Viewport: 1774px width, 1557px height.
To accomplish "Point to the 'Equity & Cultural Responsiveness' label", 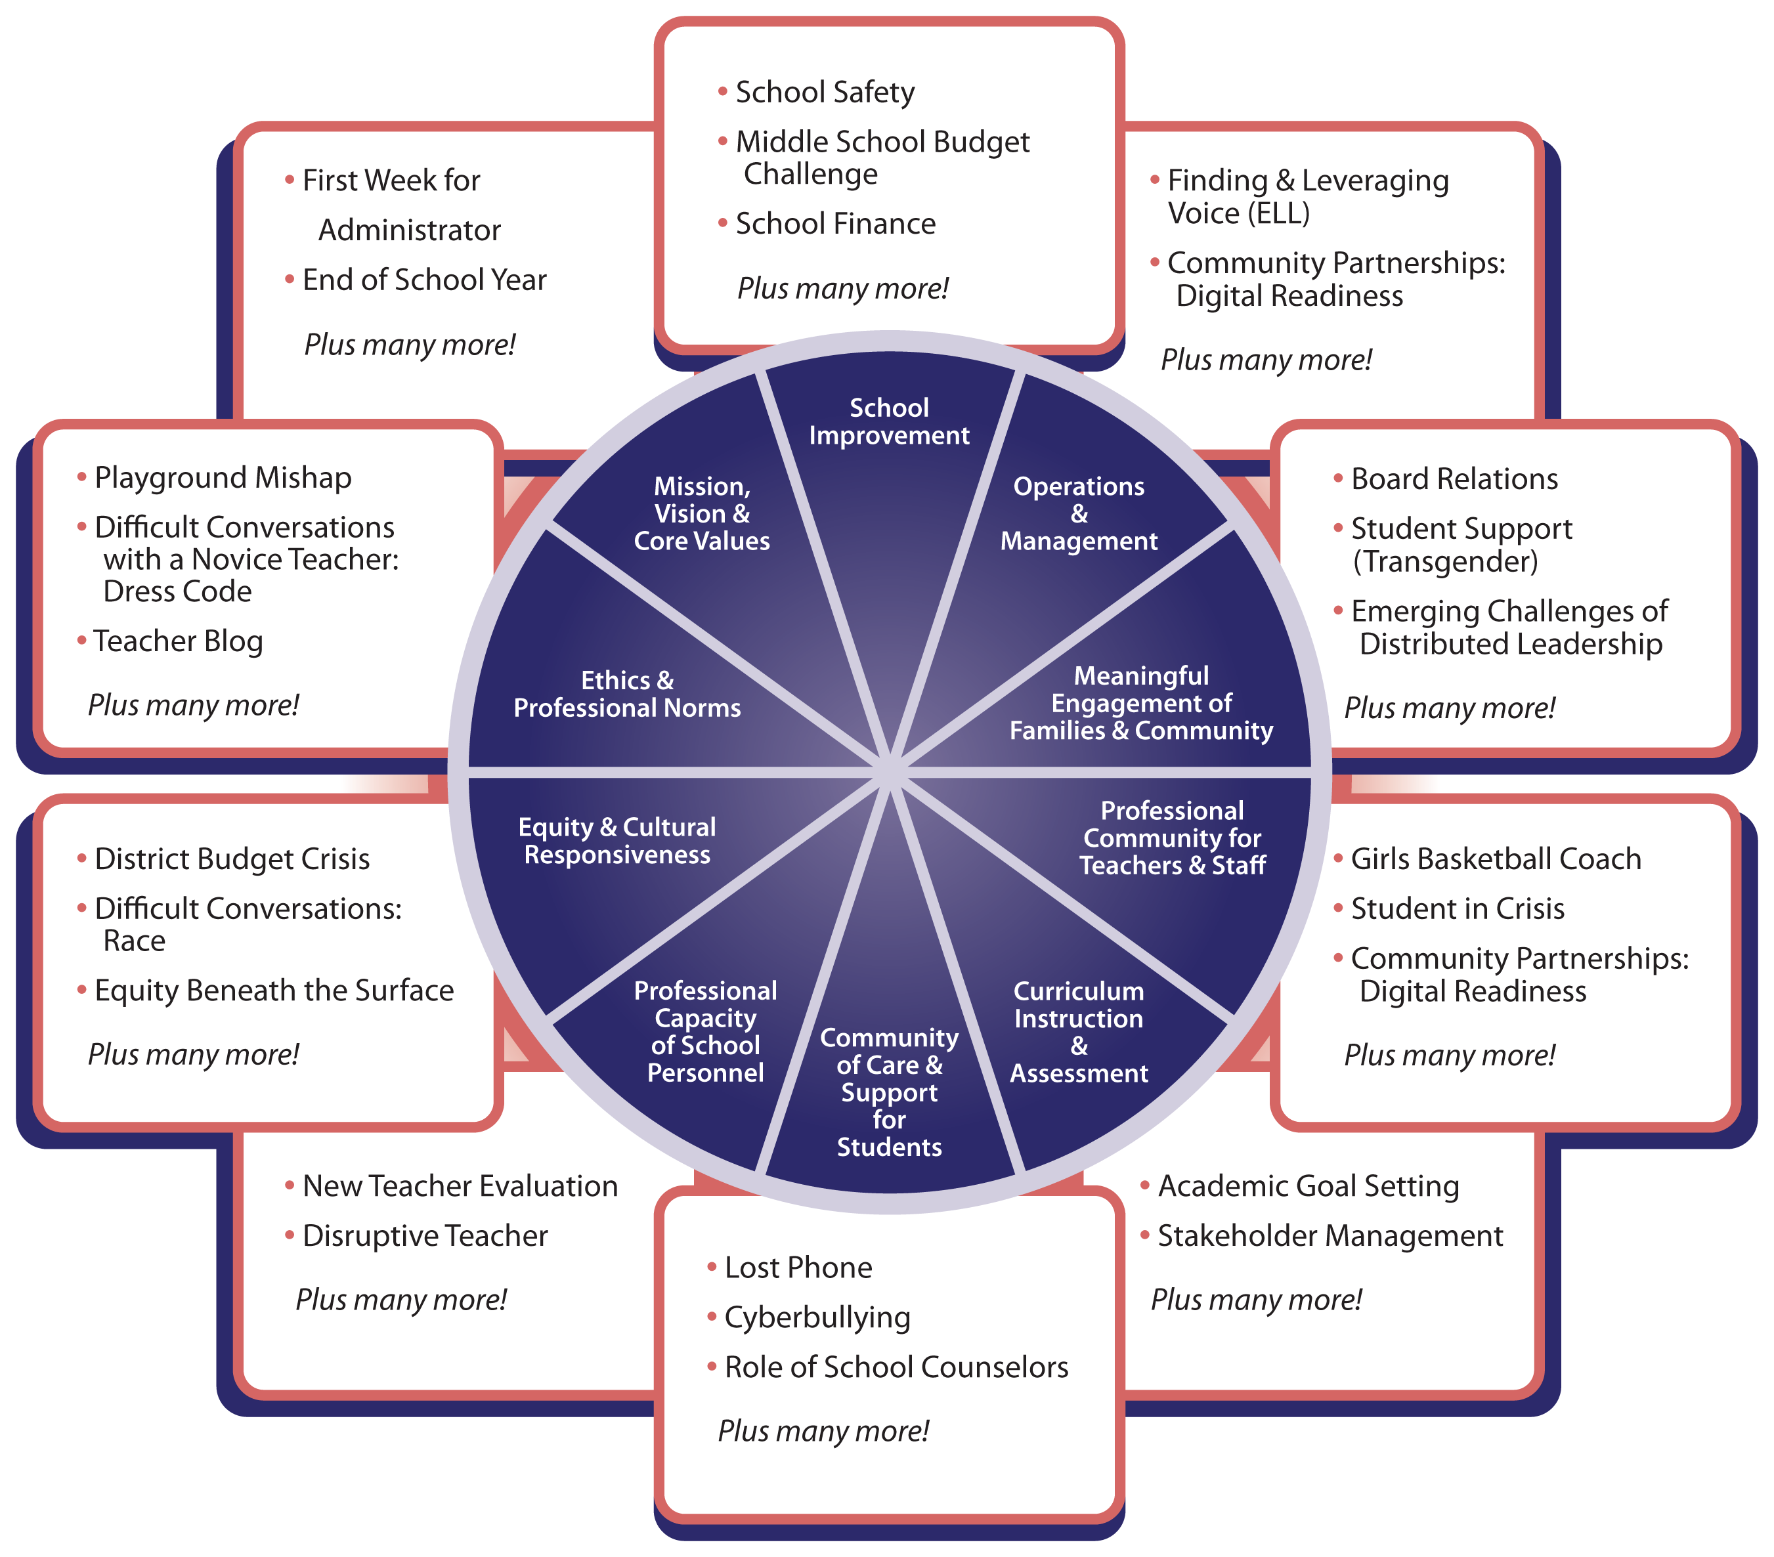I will [x=617, y=840].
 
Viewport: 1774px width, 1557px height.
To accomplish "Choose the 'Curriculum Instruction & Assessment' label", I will [x=1078, y=1032].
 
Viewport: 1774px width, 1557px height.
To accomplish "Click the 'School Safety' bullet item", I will [x=825, y=92].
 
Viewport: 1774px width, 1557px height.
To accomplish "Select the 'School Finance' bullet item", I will [x=835, y=224].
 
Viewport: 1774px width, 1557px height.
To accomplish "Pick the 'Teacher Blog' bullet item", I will [x=178, y=641].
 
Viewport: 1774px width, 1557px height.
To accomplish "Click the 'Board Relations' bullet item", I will [x=1454, y=479].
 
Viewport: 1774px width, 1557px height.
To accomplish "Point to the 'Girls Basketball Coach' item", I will [x=1496, y=859].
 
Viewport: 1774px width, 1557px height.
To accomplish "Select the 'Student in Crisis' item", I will [x=1458, y=908].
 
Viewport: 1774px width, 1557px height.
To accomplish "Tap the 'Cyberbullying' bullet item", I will [x=817, y=1317].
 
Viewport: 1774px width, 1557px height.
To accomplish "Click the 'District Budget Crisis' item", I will [x=232, y=859].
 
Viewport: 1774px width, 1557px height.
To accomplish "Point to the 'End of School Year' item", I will [x=423, y=280].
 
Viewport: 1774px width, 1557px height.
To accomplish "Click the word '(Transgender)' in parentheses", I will [x=1445, y=561].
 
